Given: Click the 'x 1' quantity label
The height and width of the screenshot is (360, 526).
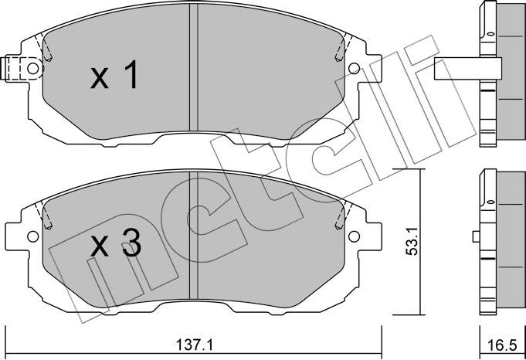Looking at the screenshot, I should pyautogui.click(x=114, y=76).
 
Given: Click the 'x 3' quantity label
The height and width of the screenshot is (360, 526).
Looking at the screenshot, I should pyautogui.click(x=115, y=246).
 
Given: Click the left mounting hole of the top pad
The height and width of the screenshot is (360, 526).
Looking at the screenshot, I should pyautogui.click(x=32, y=68).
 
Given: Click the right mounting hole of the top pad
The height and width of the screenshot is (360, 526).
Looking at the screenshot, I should pyautogui.click(x=355, y=68).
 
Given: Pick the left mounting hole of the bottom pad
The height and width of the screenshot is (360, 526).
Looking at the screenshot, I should pyautogui.click(x=32, y=236).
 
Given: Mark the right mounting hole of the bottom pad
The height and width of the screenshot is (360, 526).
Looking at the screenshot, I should pyautogui.click(x=355, y=236).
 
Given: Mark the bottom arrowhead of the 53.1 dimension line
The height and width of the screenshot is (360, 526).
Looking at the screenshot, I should pyautogui.click(x=419, y=312).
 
